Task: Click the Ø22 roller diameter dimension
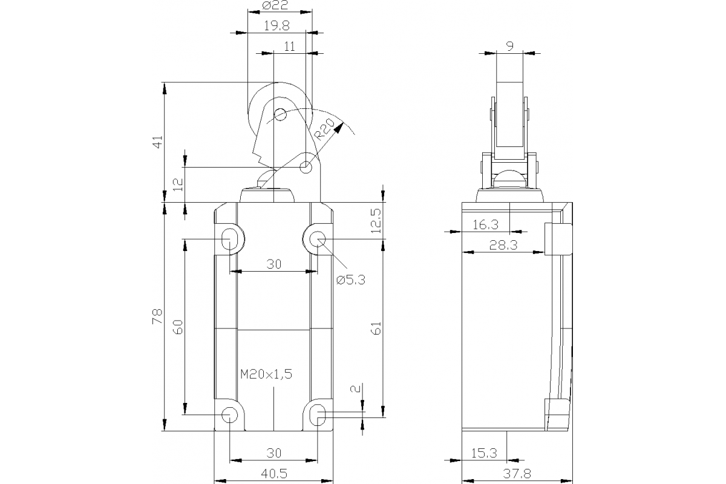coord(276,6)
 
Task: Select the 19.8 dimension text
coord(276,26)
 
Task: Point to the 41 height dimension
coord(158,143)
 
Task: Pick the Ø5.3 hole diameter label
coord(352,280)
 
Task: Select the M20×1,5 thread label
coord(266,374)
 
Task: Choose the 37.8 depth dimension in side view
coord(517,474)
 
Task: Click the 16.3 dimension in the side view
coord(485,225)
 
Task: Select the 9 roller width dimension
coord(510,45)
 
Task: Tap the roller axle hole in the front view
coord(280,114)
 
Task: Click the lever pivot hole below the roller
coord(307,166)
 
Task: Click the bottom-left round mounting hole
coord(230,414)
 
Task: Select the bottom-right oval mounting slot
coord(319,415)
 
